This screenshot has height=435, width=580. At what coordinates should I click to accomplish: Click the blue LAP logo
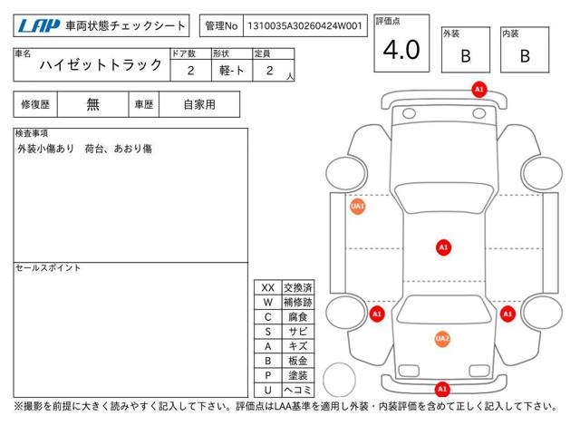pos(38,25)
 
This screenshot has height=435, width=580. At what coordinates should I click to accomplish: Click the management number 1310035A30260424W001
pos(304,26)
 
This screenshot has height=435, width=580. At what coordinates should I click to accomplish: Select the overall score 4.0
pos(401,50)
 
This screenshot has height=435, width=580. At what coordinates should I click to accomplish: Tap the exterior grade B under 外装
pos(466,56)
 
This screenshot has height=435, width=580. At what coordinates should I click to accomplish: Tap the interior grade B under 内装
pos(525,56)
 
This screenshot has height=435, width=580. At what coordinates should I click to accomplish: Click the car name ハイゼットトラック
pos(101,65)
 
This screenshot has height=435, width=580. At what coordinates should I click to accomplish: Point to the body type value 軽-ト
pos(232,71)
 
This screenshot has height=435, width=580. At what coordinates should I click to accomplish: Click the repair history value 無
pos(92,104)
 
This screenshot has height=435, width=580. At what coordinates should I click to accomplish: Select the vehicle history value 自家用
pos(199,105)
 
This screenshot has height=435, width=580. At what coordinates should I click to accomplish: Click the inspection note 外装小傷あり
pos(46,149)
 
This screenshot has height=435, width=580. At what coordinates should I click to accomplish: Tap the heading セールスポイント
pos(48,268)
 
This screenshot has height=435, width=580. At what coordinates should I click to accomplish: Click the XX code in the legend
pos(268,288)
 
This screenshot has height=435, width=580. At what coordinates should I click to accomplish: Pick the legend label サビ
pos(298,332)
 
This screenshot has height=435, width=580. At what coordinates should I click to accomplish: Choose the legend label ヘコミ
pos(298,390)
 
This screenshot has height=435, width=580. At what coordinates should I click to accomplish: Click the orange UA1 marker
pos(357,207)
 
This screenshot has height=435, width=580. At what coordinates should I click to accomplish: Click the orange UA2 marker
pos(442,339)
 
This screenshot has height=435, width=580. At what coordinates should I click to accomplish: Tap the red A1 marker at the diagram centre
pos(443,247)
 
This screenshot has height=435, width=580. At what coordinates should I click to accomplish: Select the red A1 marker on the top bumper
pos(479,90)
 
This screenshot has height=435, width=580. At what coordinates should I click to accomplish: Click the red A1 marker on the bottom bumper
pos(442,389)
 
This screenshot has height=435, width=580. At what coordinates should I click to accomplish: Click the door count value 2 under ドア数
pos(191,71)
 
